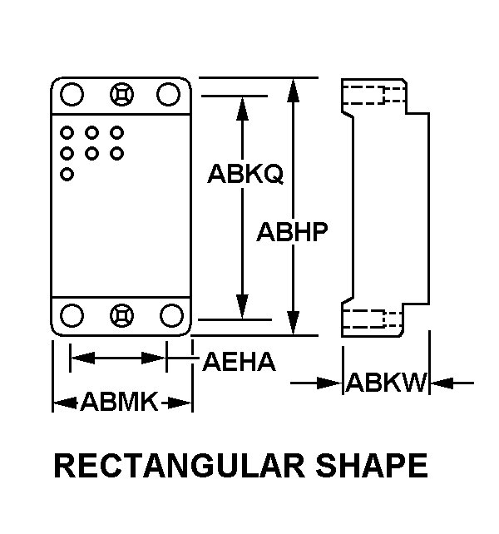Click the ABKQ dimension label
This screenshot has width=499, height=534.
245,174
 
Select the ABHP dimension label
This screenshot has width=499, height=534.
292,232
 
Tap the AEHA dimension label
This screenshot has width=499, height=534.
240,361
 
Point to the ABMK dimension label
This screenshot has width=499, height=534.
119,402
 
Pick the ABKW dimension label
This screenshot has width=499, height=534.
386,383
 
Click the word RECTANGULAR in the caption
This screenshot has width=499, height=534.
179,466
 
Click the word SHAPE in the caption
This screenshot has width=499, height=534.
372,466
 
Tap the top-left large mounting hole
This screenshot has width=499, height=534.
72,94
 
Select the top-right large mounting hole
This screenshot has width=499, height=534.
169,94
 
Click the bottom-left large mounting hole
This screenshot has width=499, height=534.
72,315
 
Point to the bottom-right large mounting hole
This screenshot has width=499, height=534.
171,315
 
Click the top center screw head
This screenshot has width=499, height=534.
122,94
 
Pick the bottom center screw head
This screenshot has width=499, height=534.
122,315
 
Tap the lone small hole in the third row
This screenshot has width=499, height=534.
67,175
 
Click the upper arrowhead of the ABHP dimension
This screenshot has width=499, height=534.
293,91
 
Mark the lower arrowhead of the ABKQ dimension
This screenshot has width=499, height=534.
242,307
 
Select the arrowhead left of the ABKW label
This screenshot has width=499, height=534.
329,383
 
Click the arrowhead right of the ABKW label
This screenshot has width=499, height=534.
442,383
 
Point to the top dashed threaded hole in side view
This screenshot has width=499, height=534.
373,95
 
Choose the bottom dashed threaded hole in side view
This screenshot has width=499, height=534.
373,319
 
